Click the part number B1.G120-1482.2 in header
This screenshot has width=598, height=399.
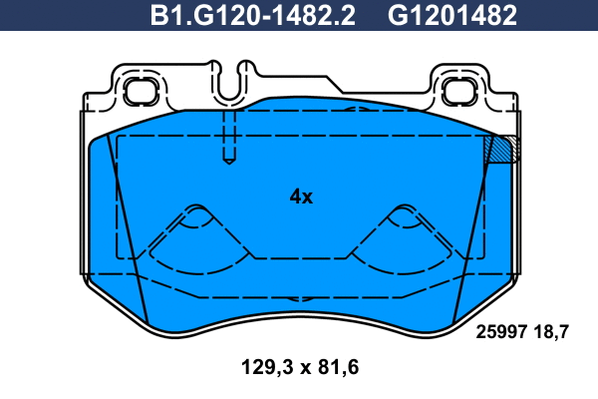253,16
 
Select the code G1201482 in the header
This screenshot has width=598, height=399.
452,16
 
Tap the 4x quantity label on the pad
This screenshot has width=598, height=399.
301,198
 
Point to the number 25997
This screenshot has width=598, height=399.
501,332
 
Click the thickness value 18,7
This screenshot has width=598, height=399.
551,332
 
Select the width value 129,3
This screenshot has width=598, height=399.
267,367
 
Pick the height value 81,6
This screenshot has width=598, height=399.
338,367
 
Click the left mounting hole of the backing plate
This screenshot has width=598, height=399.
141,91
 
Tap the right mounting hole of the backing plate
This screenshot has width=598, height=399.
458,91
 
